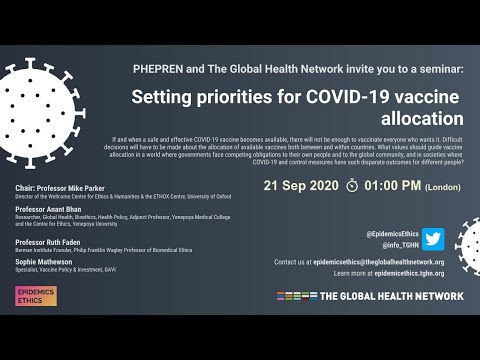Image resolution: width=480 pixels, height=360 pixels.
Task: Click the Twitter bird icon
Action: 432,239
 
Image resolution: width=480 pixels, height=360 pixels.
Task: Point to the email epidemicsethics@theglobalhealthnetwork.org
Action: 388,262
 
